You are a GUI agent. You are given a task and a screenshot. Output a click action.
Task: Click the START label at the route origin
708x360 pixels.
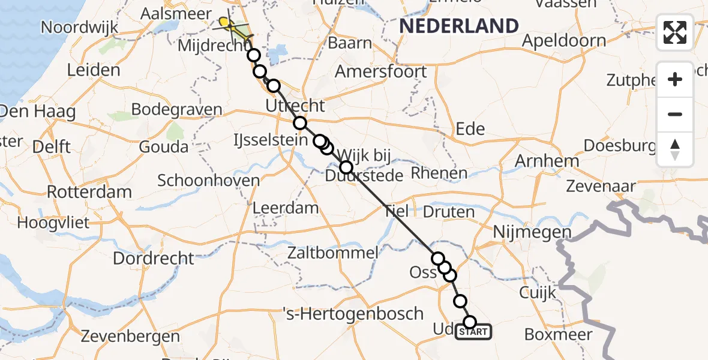coord(474,332)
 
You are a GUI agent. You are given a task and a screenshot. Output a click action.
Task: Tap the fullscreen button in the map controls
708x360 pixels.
coord(675,32)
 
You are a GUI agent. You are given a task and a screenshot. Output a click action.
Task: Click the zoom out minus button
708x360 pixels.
coord(675,114)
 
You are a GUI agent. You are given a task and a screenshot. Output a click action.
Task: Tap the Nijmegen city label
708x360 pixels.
coord(532,232)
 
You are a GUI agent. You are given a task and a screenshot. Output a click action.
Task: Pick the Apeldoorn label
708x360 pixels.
coord(564,41)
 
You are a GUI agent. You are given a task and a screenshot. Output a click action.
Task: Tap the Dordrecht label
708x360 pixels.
coord(154,258)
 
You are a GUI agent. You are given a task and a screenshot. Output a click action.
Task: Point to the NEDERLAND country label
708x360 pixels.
coord(459,26)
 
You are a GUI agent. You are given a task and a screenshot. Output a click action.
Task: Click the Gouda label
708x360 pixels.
coord(163,146)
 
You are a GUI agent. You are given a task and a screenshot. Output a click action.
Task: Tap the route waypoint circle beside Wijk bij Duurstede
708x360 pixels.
coord(346,167)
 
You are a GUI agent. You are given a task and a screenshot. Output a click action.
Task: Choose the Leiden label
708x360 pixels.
coord(93,70)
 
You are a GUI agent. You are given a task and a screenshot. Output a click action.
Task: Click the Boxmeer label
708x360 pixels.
coord(558,335)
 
